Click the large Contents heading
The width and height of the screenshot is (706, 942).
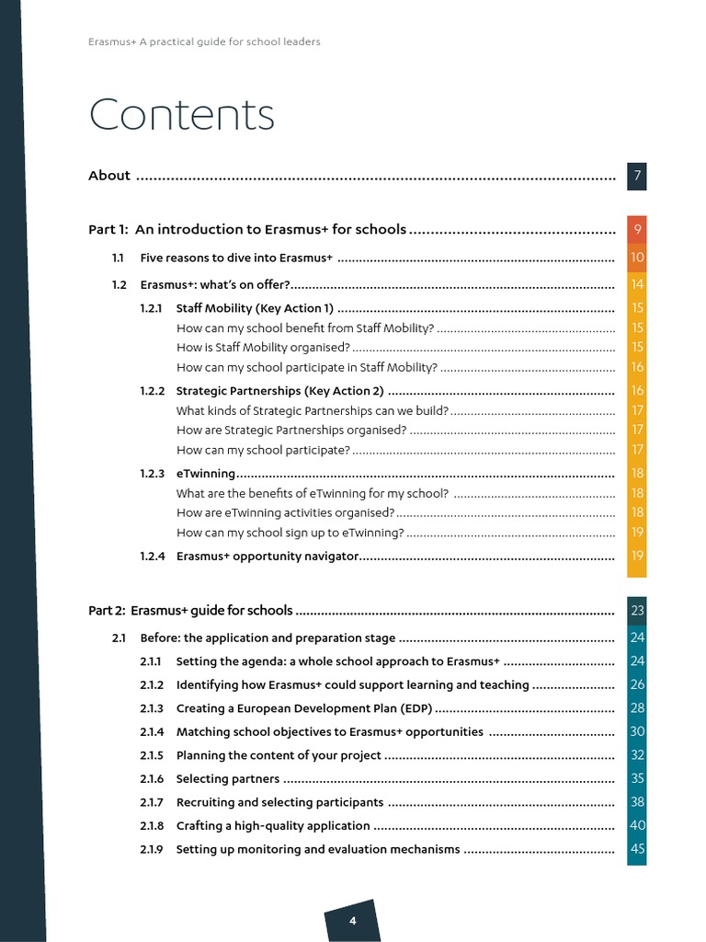pos(181,116)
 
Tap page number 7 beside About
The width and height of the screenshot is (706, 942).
pos(637,176)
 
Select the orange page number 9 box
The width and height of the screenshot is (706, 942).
pos(637,230)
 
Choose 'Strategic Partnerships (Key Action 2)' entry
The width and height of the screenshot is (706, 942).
pos(279,391)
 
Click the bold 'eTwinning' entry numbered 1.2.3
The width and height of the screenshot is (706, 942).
pos(206,474)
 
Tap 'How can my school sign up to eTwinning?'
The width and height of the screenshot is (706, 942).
pos(290,533)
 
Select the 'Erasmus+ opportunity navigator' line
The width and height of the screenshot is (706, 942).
pos(267,556)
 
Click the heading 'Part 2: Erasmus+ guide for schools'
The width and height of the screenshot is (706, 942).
pos(190,610)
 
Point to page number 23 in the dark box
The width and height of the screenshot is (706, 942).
pos(637,611)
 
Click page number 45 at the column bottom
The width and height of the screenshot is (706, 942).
pos(637,849)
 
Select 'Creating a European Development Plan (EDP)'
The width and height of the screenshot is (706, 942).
pos(303,708)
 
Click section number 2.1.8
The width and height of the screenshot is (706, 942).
pos(152,826)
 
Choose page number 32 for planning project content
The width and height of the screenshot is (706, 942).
pos(637,755)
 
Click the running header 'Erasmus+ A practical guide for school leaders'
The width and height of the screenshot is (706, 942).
pos(204,42)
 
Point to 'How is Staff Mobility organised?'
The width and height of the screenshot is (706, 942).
pos(263,347)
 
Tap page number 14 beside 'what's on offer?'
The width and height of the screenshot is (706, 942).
pos(637,284)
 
